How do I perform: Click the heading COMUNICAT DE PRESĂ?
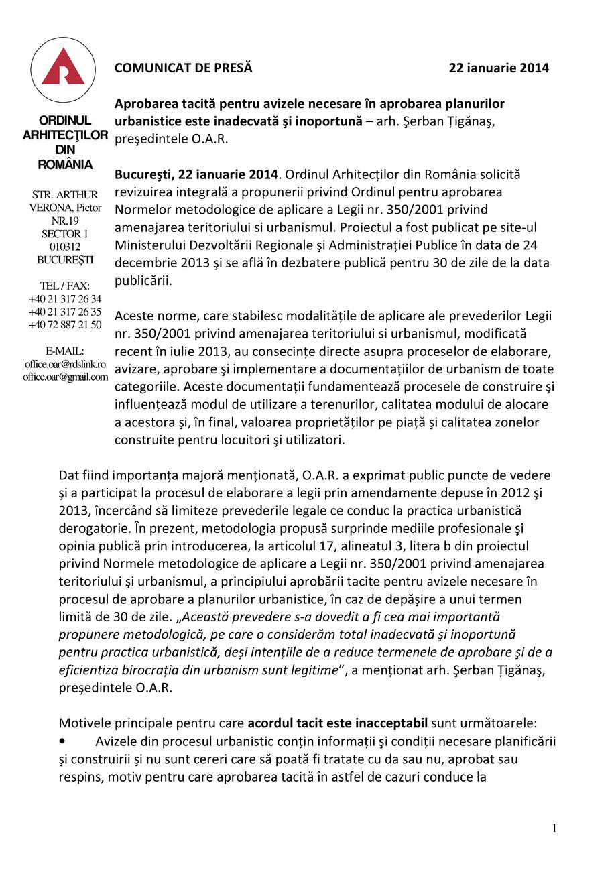point(183,68)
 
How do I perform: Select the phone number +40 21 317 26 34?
point(65,299)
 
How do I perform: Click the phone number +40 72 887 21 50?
point(65,325)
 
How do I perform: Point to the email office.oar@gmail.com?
point(65,377)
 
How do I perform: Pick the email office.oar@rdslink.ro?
point(65,364)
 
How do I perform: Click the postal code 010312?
point(65,247)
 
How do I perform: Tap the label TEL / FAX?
point(65,286)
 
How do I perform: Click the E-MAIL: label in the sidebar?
point(65,351)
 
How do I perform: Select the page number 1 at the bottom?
point(554,829)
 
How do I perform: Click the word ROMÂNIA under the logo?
point(65,165)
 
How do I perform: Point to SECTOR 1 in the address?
point(65,234)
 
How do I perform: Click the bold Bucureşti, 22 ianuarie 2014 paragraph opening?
point(196,174)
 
